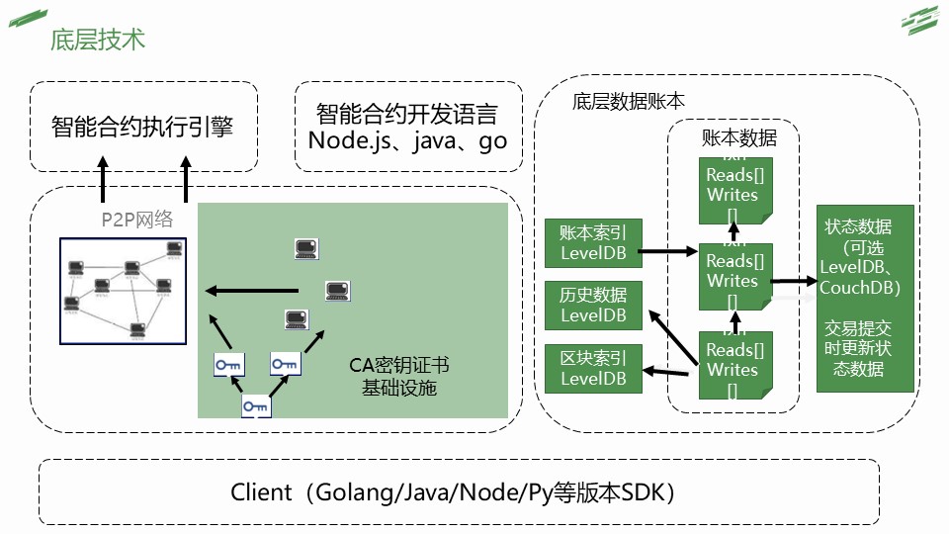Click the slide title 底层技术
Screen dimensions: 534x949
[x=98, y=39]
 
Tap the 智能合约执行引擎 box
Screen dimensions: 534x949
[x=142, y=127]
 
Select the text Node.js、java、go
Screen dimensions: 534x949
[x=407, y=140]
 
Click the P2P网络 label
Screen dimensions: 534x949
[x=136, y=220]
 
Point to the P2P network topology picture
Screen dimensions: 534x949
[x=124, y=290]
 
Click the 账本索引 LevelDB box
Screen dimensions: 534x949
[x=593, y=242]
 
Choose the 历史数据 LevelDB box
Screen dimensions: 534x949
[x=593, y=305]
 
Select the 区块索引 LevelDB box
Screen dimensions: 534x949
[x=593, y=368]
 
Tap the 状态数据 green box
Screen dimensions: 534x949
[x=865, y=298]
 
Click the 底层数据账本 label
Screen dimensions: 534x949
[x=628, y=101]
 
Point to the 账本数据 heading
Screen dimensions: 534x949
[x=738, y=137]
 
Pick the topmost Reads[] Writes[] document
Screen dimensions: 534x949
[x=733, y=189]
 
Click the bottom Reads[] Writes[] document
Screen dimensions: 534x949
[x=733, y=365]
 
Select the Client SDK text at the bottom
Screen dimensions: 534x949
[x=453, y=491]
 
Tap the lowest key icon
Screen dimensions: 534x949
[x=256, y=405]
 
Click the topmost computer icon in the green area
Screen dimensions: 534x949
[x=306, y=249]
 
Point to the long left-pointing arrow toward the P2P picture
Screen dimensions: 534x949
[x=251, y=290]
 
